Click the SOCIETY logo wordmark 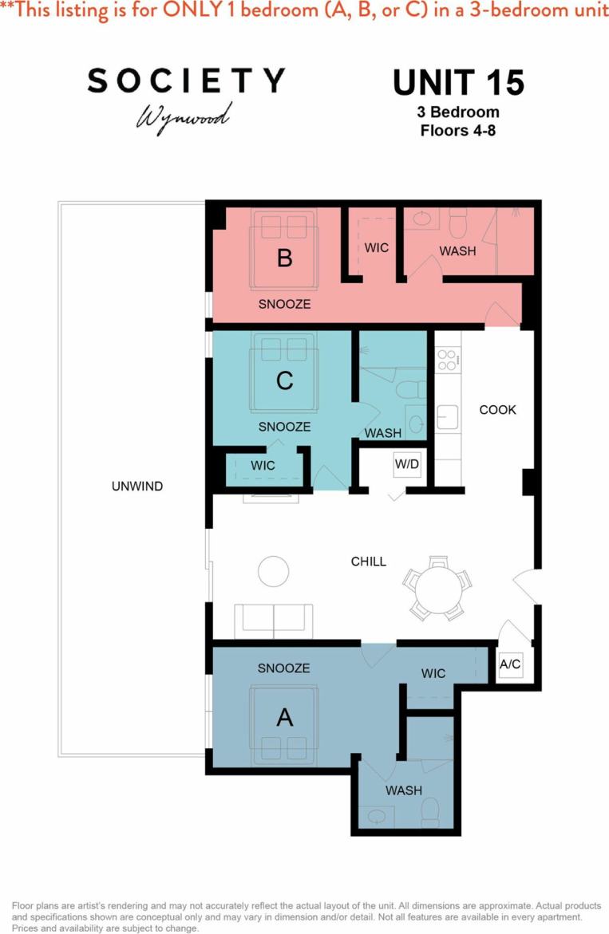(x=186, y=80)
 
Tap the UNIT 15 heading (x=458, y=82)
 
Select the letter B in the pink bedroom (x=284, y=258)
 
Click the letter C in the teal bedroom (x=284, y=381)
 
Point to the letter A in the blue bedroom (x=284, y=718)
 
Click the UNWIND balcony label (x=137, y=486)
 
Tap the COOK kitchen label (x=497, y=410)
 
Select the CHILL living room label (x=369, y=562)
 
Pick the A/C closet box (x=510, y=664)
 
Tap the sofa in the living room (x=273, y=621)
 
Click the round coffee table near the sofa (x=273, y=571)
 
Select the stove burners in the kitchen (x=447, y=360)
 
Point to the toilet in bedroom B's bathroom (x=458, y=225)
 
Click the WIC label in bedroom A (x=433, y=674)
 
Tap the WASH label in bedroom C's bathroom (x=382, y=433)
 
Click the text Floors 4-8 (x=458, y=130)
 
